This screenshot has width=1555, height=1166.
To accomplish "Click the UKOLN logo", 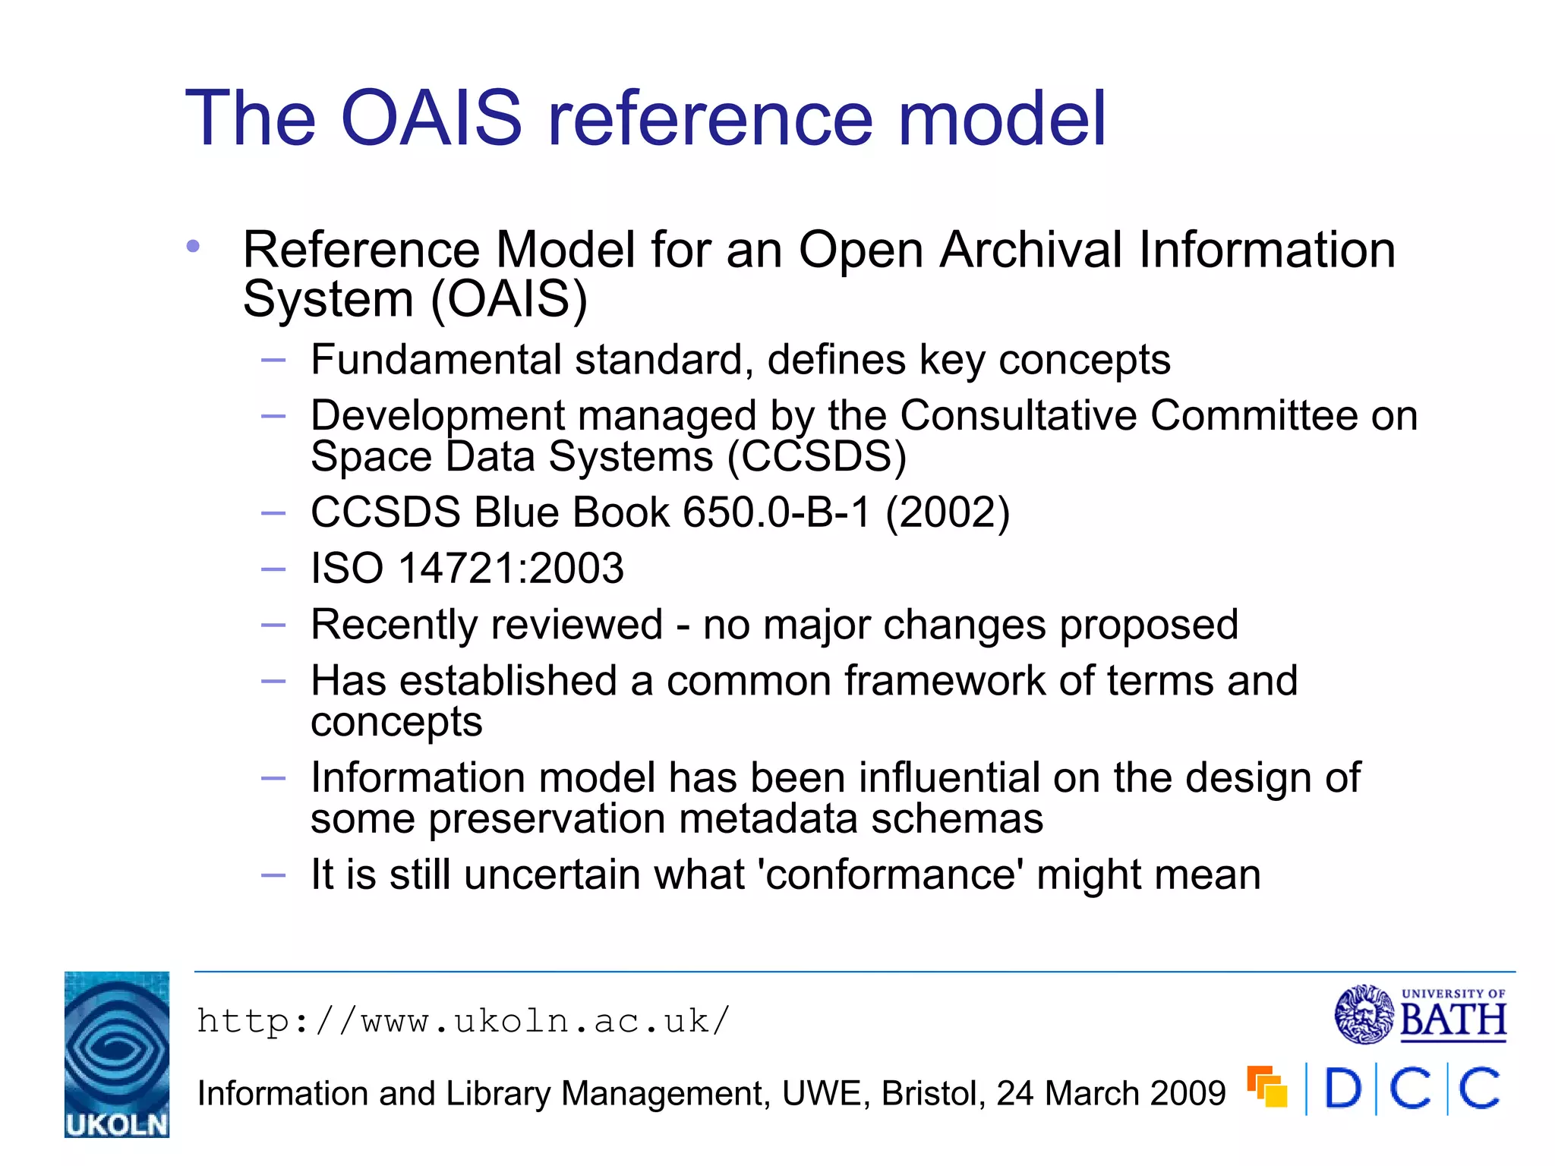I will (x=117, y=1054).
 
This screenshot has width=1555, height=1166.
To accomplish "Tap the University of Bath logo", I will (x=1420, y=1014).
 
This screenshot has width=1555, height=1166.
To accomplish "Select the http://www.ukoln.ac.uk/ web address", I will (x=463, y=1021).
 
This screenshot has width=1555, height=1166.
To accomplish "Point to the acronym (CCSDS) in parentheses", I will (x=817, y=457).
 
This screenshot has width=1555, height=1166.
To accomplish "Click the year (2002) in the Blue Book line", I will (x=948, y=512).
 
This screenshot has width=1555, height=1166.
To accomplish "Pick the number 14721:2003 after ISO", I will (x=511, y=569).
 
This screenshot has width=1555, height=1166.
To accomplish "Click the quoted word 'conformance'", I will (x=891, y=874).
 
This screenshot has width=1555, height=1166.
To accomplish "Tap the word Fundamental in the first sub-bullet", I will (x=437, y=360).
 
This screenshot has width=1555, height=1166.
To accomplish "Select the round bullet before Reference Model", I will (x=193, y=247).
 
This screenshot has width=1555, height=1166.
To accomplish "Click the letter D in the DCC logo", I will (x=1342, y=1089).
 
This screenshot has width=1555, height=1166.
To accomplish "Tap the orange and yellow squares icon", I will (x=1266, y=1086).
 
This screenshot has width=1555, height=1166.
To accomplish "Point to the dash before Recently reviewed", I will (x=273, y=626).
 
